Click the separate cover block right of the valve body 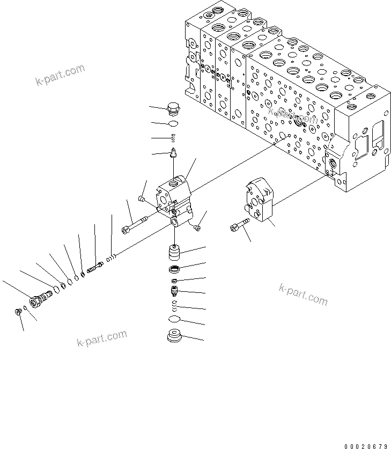click(x=259, y=201)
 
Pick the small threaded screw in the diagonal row click(x=94, y=266)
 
